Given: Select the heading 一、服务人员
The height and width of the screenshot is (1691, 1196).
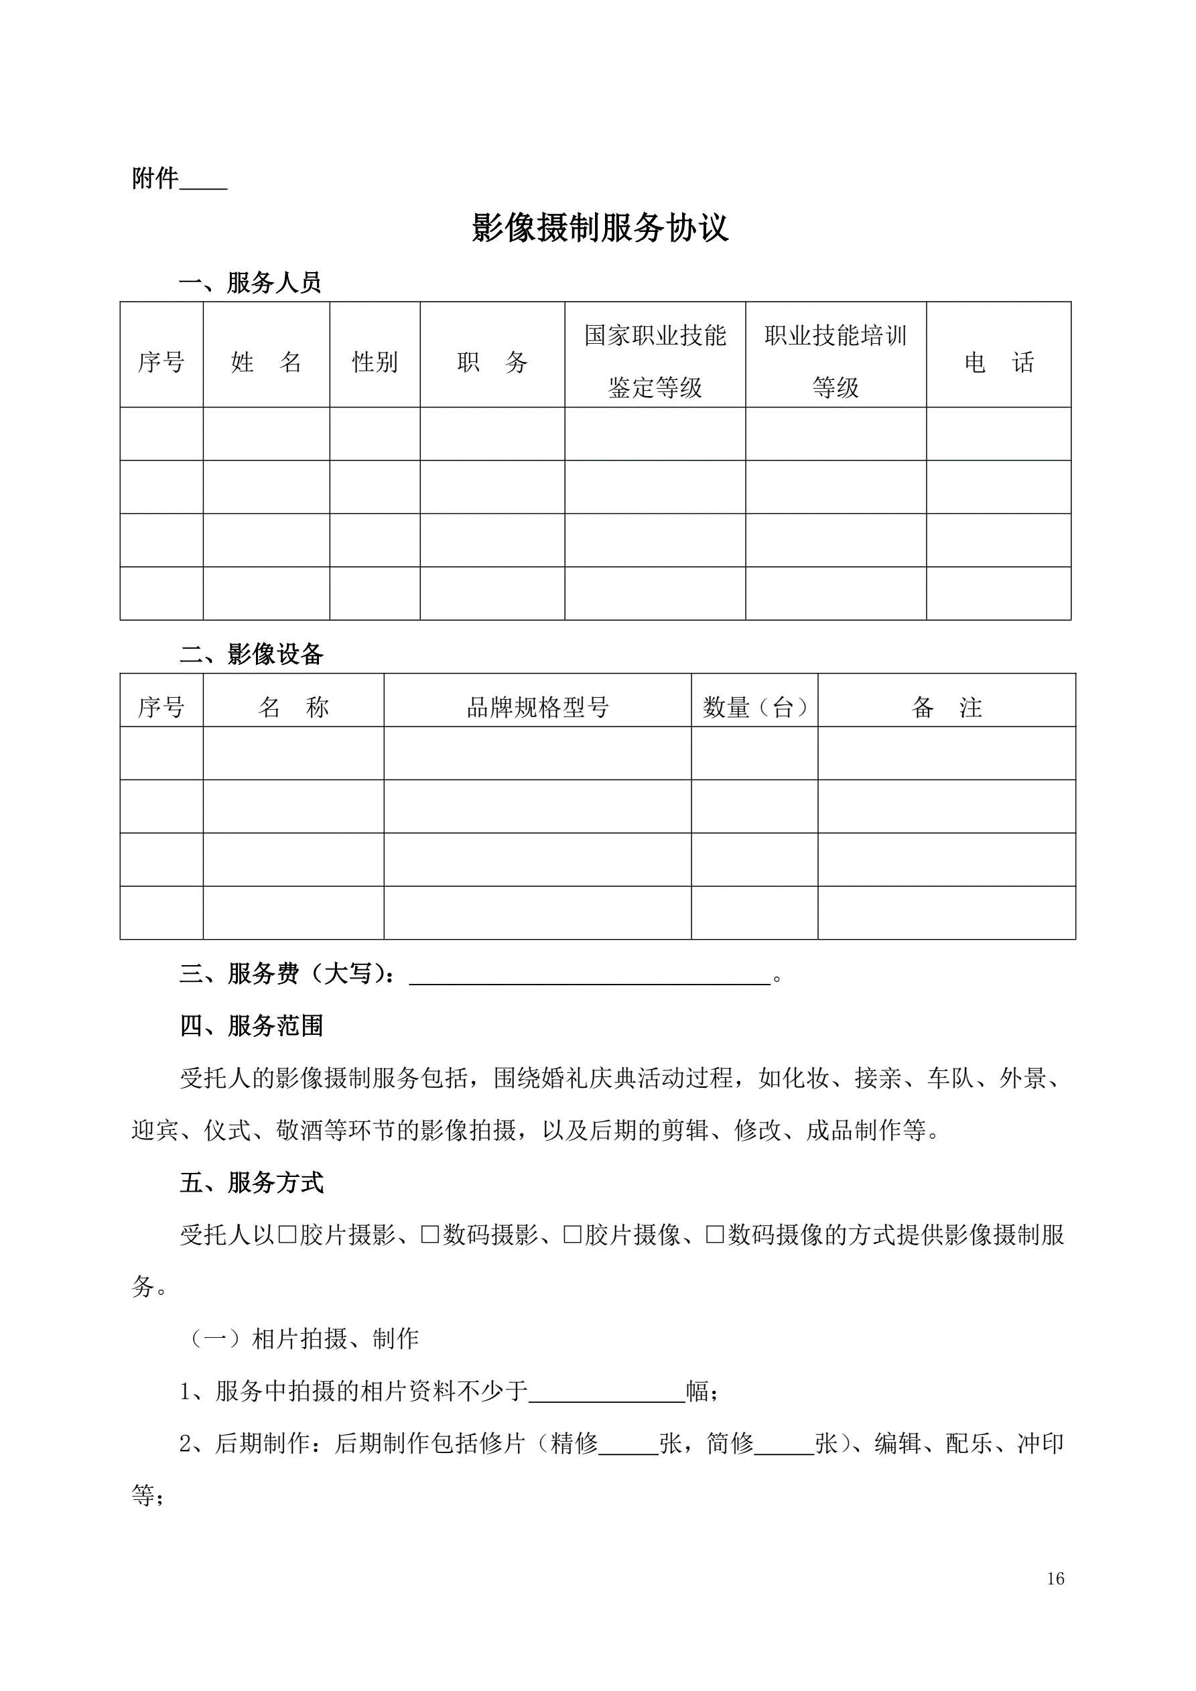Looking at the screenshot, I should click(251, 283).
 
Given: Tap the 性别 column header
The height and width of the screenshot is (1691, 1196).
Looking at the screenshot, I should click(375, 362).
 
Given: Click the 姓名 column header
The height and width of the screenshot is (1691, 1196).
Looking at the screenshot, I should click(266, 362).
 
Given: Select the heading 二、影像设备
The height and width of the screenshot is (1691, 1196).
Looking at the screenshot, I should click(251, 654).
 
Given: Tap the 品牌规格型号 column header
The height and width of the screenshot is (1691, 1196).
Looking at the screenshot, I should click(537, 708).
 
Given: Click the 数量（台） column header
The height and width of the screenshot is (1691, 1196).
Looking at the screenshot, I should click(755, 708).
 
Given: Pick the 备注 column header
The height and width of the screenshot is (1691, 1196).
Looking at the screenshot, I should click(946, 708).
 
